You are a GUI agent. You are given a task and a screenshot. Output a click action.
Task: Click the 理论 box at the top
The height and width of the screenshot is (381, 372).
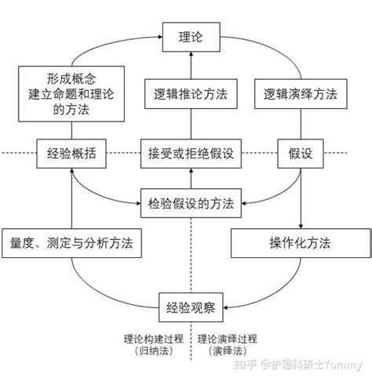point(190,37)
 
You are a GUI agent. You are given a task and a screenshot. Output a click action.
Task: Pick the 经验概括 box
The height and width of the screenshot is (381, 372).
point(71,153)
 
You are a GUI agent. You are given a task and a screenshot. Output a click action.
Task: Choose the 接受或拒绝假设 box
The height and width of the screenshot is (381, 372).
point(189,153)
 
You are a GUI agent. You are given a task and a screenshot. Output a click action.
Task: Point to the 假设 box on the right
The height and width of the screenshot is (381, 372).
point(301,153)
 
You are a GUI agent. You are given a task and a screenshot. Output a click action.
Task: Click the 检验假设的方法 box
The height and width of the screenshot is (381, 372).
point(189,203)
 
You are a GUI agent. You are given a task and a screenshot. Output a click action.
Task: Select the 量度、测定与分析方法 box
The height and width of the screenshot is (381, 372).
point(71,243)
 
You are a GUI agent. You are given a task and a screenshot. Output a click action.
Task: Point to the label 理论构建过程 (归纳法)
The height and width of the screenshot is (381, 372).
point(153,346)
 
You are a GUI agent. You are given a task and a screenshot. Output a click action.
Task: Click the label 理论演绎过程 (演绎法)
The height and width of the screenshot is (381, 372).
point(228,346)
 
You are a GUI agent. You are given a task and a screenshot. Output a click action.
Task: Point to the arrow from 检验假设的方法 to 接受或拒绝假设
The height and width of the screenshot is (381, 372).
point(189,178)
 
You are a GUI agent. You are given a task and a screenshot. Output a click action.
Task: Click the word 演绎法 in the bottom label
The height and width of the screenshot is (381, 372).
point(228,352)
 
